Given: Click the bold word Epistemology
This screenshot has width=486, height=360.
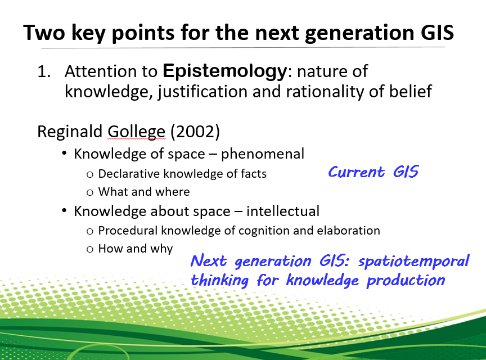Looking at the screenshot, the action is pos(225,72).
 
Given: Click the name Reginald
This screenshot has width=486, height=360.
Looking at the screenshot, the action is pos(70,131).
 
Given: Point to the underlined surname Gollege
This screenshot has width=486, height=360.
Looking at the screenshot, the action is pos(136,132).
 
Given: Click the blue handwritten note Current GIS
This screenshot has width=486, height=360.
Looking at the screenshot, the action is pos(373,172).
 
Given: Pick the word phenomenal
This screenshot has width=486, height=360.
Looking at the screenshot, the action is pos(263,154).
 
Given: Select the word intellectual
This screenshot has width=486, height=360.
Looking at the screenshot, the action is pos(283,211).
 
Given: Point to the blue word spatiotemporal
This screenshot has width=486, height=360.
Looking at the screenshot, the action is pos(414,262).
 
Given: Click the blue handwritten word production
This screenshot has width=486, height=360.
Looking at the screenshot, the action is pos(406,281).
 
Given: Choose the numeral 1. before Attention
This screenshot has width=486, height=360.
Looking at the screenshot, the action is pos(44,72).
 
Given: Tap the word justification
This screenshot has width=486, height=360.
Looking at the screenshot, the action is pos(202,92).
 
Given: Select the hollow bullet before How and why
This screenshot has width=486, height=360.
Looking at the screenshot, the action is pos(90,249).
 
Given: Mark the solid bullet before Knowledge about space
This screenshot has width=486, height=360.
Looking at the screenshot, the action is pos(64,210).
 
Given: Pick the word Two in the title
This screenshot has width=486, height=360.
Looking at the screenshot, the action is pos(44,33).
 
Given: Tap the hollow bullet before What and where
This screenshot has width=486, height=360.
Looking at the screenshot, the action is pos(90,192).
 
